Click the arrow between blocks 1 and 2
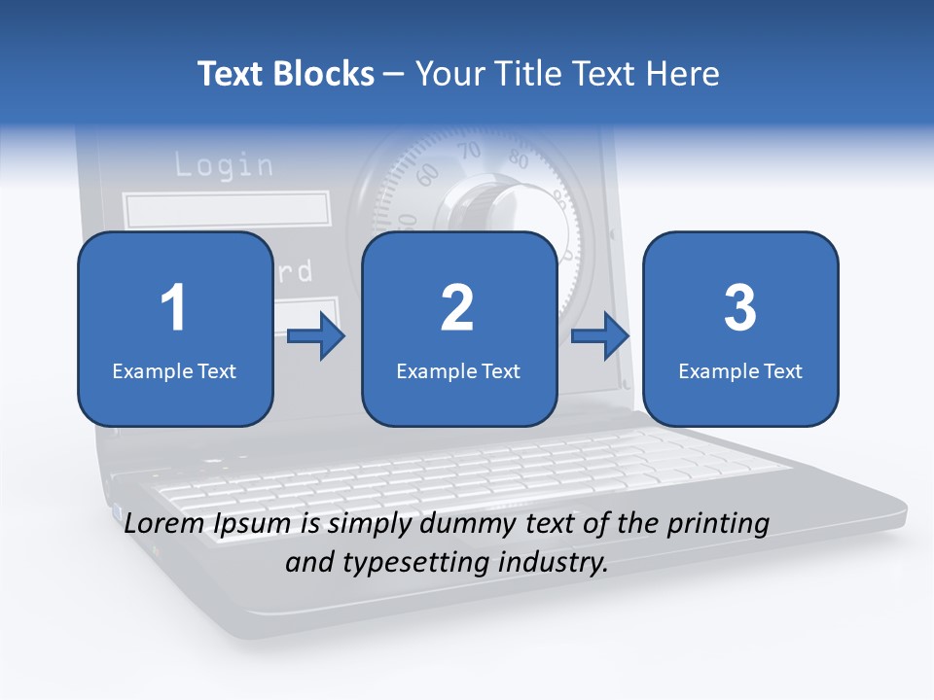316,336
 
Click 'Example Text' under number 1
174,370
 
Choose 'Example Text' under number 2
458,370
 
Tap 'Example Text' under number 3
740,370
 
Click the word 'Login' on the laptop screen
224,165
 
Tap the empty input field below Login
226,210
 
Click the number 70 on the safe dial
470,152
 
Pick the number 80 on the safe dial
518,160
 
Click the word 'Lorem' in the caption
164,523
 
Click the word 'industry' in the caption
552,562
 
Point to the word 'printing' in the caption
718,523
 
